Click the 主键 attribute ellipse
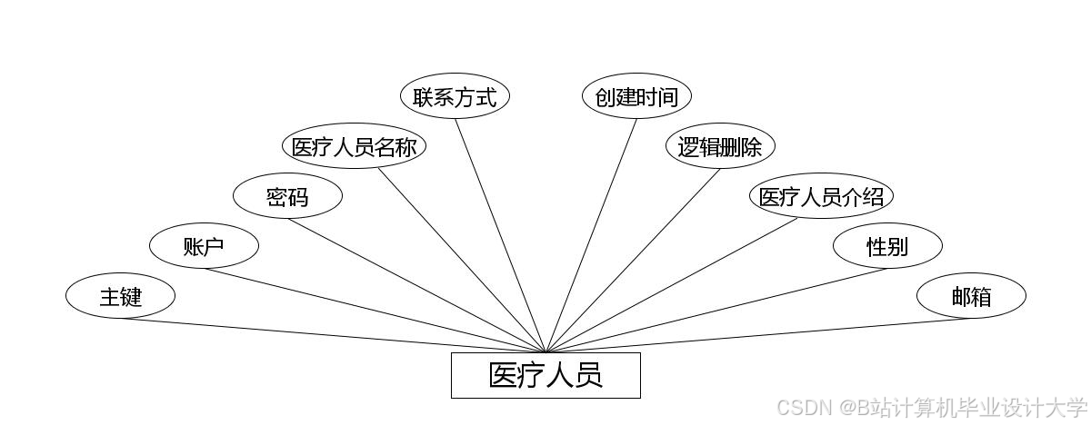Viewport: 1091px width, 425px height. tap(120, 296)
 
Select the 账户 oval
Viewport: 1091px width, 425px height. tap(204, 246)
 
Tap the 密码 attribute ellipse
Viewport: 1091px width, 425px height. tap(287, 197)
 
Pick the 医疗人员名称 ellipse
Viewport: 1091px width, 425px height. tap(354, 147)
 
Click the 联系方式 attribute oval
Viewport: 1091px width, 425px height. tap(455, 97)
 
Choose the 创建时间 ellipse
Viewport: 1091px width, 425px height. tap(636, 97)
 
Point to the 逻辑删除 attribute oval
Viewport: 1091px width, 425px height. tap(719, 147)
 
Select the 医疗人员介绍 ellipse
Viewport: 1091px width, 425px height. tap(821, 197)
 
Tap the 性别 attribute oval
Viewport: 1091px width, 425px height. tap(887, 246)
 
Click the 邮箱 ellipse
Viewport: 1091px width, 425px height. tap(971, 296)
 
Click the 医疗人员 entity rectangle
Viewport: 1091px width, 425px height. tap(545, 375)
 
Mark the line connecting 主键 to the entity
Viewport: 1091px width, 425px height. tap(333, 335)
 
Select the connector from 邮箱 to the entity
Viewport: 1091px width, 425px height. tap(758, 335)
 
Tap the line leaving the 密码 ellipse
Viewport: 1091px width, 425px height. tap(416, 285)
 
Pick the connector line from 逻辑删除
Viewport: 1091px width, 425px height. tap(633, 261)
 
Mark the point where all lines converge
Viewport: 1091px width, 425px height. tap(545, 352)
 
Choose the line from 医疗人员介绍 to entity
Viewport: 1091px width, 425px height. tap(673, 285)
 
